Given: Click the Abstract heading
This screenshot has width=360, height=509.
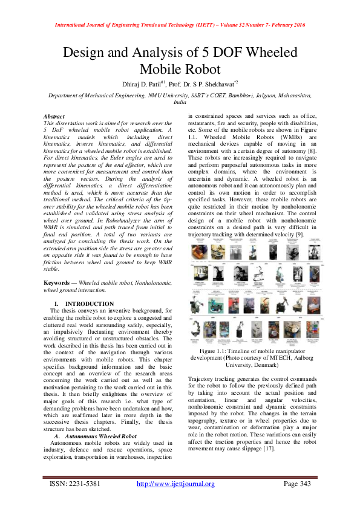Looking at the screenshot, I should click(54, 115).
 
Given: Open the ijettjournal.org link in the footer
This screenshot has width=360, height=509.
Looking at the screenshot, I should click(175, 484).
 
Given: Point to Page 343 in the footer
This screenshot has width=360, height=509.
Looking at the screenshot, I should click(298, 484).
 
